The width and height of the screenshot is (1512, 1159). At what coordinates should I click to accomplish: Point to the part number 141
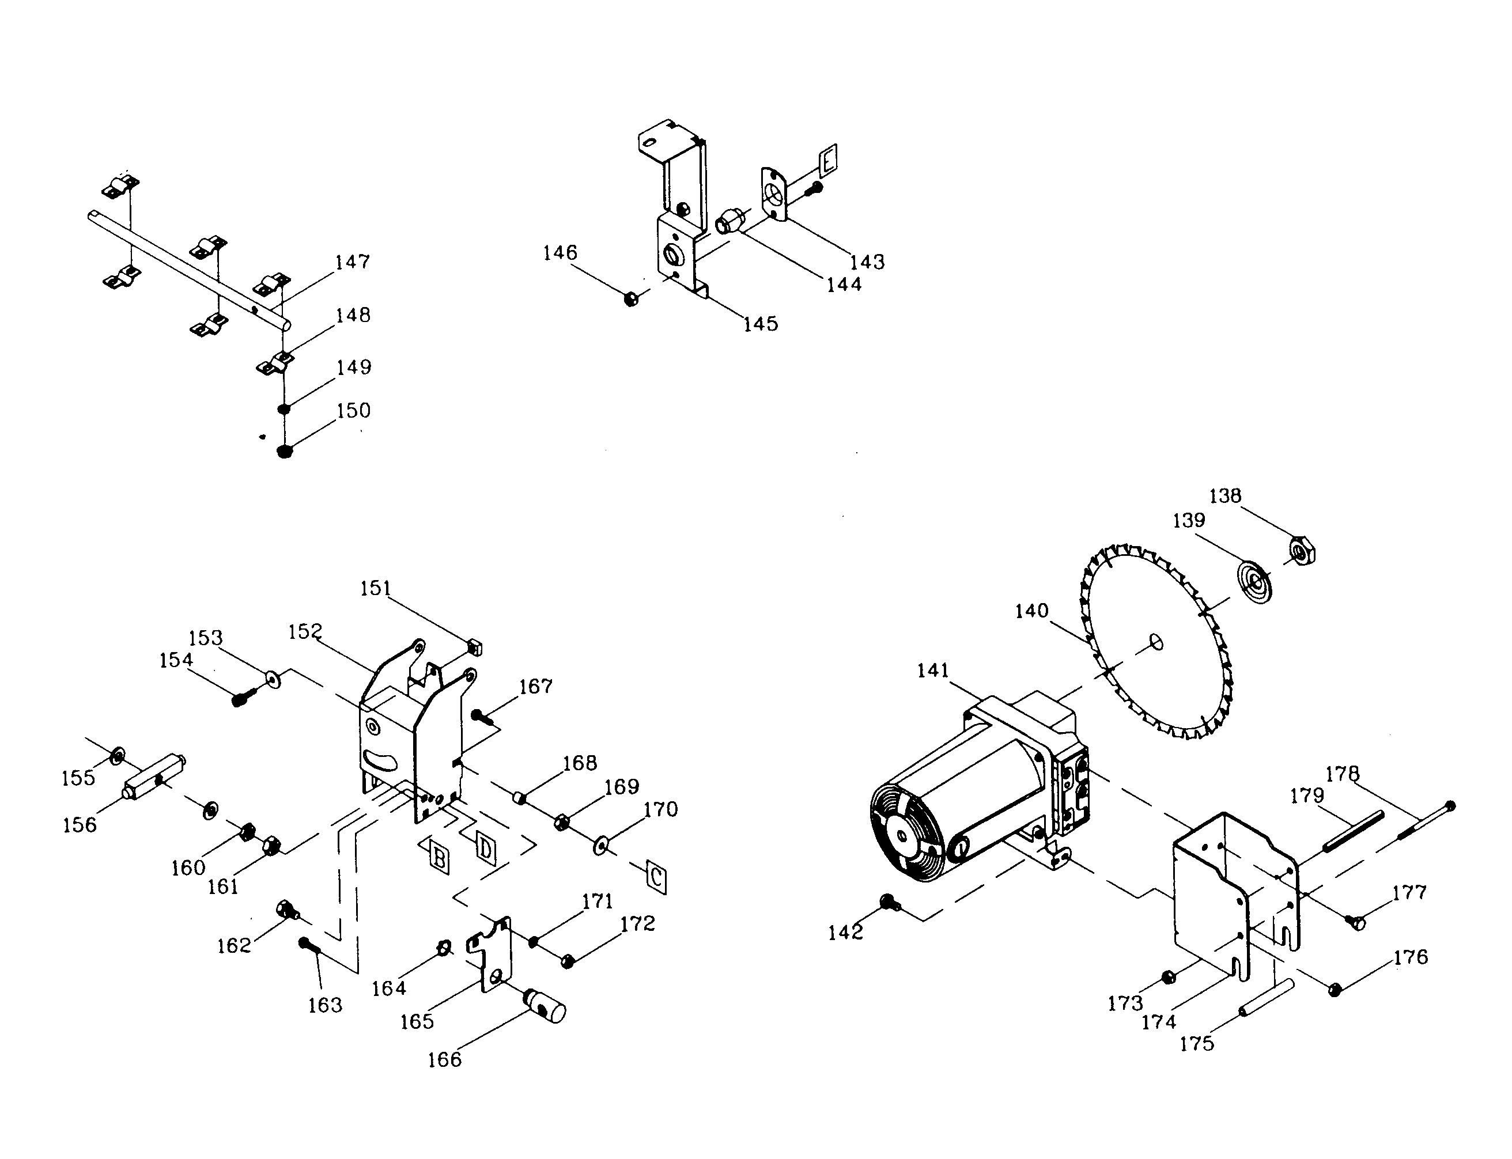[x=933, y=671]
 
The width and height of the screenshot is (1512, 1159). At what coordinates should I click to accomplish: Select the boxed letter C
[x=657, y=877]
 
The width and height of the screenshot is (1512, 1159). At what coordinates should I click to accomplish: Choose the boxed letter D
[x=486, y=849]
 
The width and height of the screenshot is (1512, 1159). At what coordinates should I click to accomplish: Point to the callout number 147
[x=353, y=262]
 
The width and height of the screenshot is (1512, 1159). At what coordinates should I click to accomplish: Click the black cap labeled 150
[x=284, y=452]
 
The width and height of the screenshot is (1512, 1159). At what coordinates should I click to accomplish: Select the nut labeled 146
[x=630, y=300]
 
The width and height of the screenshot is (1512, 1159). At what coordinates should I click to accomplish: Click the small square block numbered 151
[x=474, y=647]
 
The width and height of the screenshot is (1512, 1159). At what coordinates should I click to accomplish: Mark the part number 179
[x=1307, y=796]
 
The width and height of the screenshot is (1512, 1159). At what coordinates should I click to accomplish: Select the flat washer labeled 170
[x=601, y=844]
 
